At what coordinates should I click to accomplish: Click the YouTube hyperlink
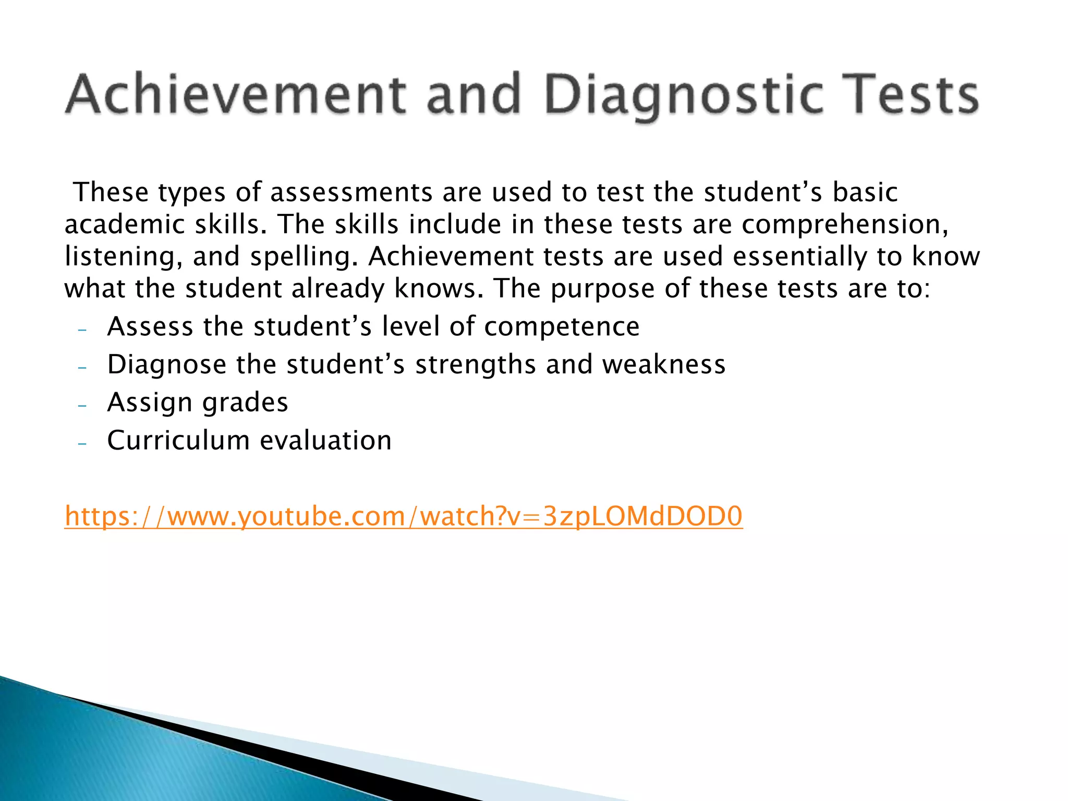(x=403, y=516)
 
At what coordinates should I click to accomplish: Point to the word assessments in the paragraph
(x=351, y=192)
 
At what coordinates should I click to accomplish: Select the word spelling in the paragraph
(x=304, y=257)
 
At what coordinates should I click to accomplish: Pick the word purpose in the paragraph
(x=602, y=289)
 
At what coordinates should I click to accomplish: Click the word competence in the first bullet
(x=562, y=327)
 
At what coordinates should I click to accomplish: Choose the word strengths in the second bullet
(x=475, y=365)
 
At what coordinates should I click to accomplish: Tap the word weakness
(x=664, y=365)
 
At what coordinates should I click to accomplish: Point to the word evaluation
(x=325, y=441)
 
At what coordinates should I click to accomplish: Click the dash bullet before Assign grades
(x=82, y=405)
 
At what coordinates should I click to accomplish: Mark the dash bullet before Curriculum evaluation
(x=82, y=443)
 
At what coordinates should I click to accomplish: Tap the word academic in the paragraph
(x=125, y=225)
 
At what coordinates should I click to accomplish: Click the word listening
(x=123, y=257)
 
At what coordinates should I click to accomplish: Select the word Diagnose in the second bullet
(x=166, y=365)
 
